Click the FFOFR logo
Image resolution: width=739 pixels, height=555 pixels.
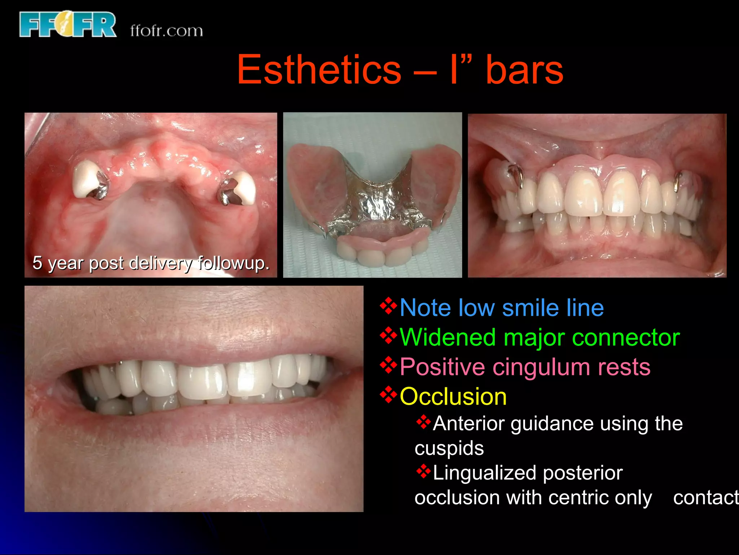(x=68, y=25)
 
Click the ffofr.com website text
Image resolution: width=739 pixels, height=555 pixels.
(x=166, y=31)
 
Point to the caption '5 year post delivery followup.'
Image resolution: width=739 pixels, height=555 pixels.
(x=151, y=263)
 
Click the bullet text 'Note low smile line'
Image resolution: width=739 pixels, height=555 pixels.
(x=502, y=308)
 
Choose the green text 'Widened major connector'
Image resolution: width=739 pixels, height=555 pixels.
(x=539, y=337)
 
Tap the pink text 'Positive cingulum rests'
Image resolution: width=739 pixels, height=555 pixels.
(x=525, y=367)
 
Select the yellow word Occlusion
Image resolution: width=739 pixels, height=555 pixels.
(x=453, y=397)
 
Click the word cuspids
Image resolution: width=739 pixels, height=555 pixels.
(x=449, y=448)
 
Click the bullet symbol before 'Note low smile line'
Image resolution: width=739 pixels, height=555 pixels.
(x=388, y=306)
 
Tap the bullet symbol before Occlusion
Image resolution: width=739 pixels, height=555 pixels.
(x=388, y=395)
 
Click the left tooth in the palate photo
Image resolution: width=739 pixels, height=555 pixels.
(x=87, y=179)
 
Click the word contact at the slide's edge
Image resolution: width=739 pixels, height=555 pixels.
(x=705, y=498)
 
